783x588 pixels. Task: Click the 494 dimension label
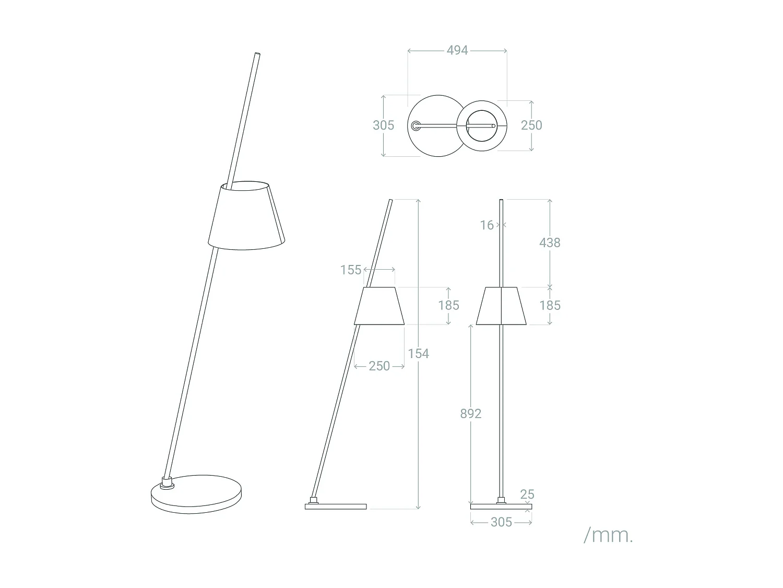(x=457, y=51)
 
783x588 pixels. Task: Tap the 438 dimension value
(x=550, y=243)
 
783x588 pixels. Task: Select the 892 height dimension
(x=470, y=413)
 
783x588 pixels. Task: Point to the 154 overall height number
(x=418, y=354)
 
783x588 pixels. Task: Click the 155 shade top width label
(x=351, y=270)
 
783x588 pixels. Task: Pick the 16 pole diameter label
(x=487, y=225)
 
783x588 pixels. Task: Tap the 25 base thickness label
(x=527, y=494)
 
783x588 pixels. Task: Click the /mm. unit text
(x=608, y=535)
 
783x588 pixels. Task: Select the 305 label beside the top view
(x=383, y=125)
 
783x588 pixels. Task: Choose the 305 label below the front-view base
(x=501, y=522)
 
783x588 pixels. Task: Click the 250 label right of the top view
(x=531, y=125)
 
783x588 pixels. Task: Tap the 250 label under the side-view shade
(x=379, y=366)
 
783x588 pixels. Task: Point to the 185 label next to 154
(x=448, y=305)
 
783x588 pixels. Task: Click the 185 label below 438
(x=550, y=305)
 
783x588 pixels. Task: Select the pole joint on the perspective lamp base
(x=167, y=482)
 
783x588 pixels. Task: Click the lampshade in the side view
(x=379, y=306)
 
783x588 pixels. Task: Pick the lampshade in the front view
(x=501, y=306)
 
